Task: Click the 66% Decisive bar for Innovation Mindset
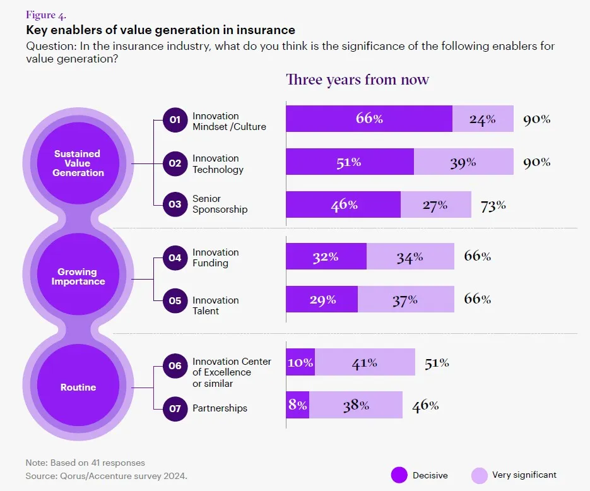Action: tap(369, 119)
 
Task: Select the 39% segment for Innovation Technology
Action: tap(464, 162)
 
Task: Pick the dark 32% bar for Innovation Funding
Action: tap(326, 257)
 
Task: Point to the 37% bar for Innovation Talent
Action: tap(406, 299)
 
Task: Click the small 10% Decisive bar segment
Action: tap(300, 362)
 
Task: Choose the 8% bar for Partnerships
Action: tap(298, 405)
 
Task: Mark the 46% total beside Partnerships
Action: tap(425, 405)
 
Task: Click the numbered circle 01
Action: tap(175, 120)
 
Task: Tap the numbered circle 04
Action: tap(175, 257)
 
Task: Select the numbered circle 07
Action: tap(175, 408)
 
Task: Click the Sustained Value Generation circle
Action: tap(78, 163)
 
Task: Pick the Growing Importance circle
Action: tap(78, 276)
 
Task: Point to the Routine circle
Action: tap(78, 387)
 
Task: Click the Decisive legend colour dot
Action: tap(399, 475)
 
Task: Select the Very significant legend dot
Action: tap(480, 475)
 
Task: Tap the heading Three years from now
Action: tap(357, 80)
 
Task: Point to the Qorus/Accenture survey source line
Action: tap(107, 475)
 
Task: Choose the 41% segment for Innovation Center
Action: tap(365, 362)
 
